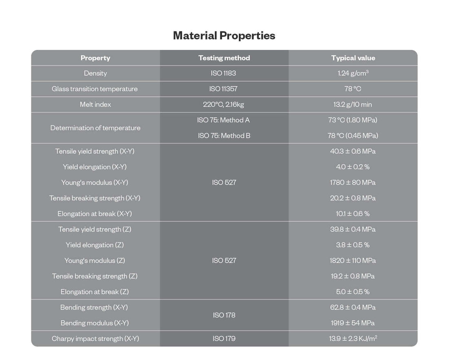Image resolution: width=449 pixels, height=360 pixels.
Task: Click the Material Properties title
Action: (x=224, y=36)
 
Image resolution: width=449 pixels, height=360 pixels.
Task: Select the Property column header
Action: (x=95, y=58)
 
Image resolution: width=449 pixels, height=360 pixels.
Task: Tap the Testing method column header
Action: (x=224, y=58)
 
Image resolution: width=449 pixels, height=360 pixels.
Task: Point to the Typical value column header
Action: (x=353, y=58)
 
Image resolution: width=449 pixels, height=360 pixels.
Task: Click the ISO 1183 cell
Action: (x=224, y=74)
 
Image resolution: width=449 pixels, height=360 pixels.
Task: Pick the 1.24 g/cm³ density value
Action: (x=353, y=74)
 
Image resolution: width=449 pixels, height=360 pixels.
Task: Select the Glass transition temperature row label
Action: (x=95, y=89)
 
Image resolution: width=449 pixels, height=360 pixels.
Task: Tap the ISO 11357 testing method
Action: (x=224, y=89)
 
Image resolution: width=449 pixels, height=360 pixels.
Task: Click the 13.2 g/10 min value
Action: (x=353, y=105)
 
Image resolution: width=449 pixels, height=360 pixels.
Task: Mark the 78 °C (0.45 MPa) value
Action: (x=353, y=136)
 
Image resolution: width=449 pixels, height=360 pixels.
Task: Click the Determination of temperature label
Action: (x=95, y=128)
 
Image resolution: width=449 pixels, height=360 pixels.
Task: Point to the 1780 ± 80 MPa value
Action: (x=353, y=183)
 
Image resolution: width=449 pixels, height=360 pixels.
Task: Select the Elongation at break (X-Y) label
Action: (x=95, y=214)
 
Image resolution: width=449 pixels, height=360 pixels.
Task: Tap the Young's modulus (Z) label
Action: (x=95, y=261)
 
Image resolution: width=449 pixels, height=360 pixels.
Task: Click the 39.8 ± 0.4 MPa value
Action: (x=353, y=229)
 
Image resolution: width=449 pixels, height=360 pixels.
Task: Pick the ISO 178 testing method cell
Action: (x=224, y=315)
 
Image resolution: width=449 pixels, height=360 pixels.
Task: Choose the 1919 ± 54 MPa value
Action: (x=353, y=323)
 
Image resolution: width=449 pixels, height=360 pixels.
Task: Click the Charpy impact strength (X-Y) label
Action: (x=96, y=339)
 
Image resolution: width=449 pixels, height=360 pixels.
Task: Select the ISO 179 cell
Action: (x=224, y=339)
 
